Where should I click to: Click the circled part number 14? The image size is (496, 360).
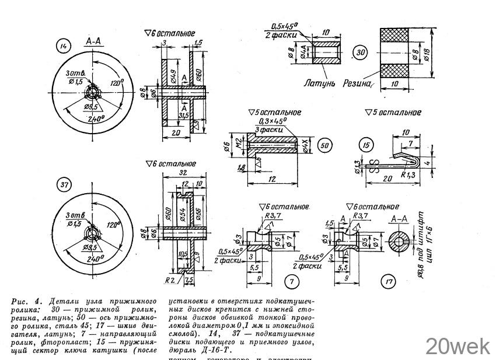click(62, 44)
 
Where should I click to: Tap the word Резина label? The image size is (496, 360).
click(358, 83)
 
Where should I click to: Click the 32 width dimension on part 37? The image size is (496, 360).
click(183, 173)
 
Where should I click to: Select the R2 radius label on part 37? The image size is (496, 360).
click(170, 279)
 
